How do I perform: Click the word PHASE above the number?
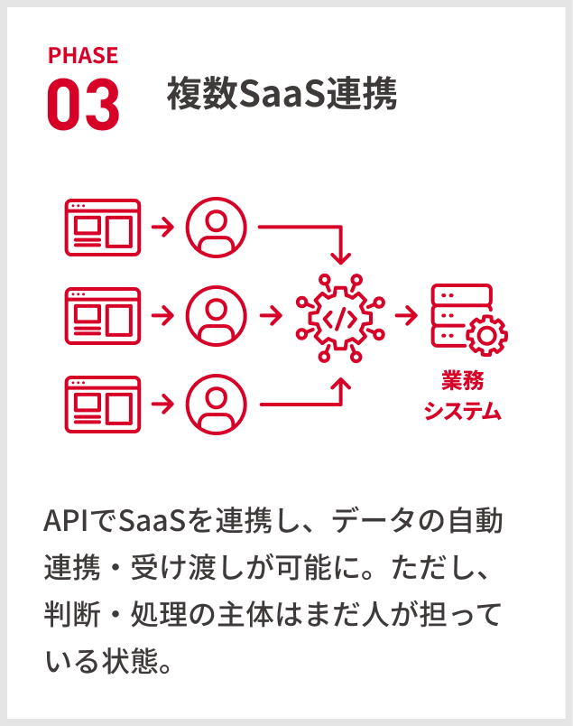(x=82, y=56)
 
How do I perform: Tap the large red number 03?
(x=82, y=105)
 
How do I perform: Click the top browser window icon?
(x=103, y=227)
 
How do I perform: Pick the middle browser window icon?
(x=103, y=315)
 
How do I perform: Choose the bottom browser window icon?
(x=103, y=404)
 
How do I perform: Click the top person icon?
(x=216, y=227)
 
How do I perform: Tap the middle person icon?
(x=216, y=315)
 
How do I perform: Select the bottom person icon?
(x=216, y=404)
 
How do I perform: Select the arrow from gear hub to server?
(x=406, y=316)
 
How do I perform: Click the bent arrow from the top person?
(x=307, y=229)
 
